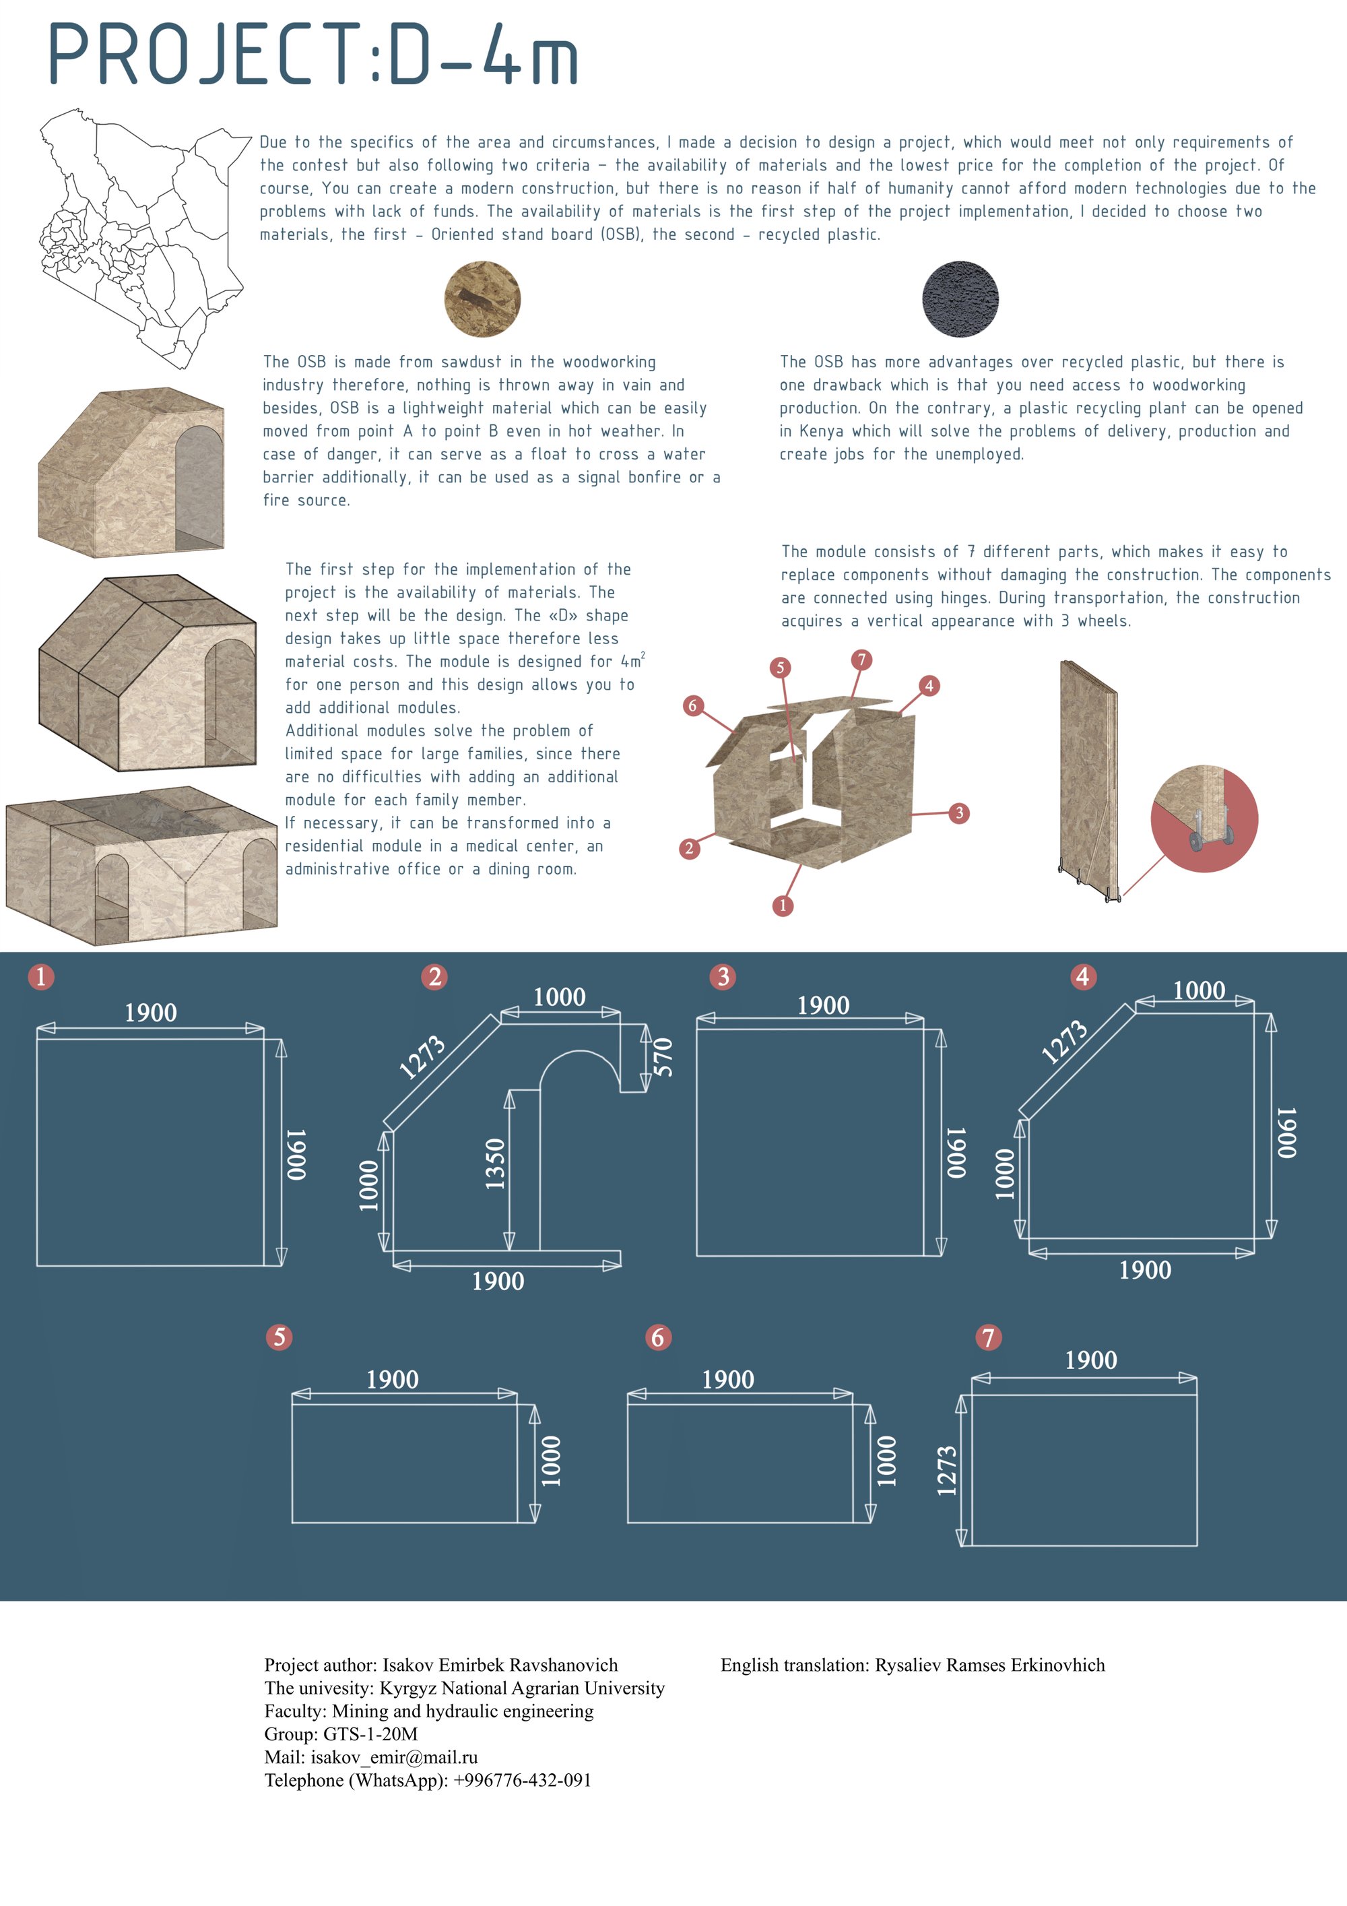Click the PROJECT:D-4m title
tap(314, 55)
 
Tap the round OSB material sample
tap(482, 299)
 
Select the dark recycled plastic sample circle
tap(960, 299)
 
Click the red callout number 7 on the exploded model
tap(861, 660)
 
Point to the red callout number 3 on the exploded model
tap(960, 813)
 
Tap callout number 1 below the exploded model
tap(783, 906)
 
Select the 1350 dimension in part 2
tap(494, 1164)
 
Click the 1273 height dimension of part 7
tap(947, 1471)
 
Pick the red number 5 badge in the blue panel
tap(279, 1337)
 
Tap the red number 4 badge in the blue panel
tap(1082, 977)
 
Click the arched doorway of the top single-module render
tap(199, 487)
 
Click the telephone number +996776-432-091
tap(522, 1780)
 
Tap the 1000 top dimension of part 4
tap(1198, 990)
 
